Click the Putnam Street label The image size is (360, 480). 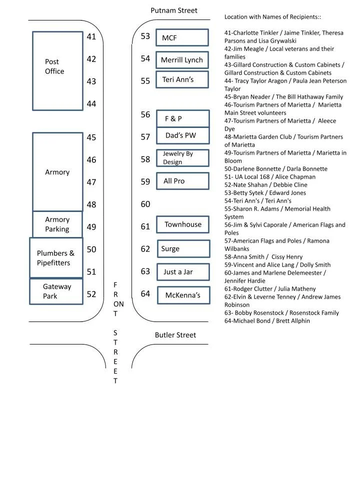(x=174, y=10)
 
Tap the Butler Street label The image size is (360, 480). (x=175, y=335)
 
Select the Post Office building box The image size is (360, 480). (x=57, y=70)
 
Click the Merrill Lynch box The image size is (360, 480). (x=182, y=60)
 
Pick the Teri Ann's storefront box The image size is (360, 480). (x=182, y=80)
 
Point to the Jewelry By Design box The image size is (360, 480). (x=182, y=157)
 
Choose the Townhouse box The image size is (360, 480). (x=183, y=224)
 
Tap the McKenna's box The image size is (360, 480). (x=183, y=295)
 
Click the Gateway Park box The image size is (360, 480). (x=56, y=291)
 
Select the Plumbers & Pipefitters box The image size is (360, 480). (x=56, y=258)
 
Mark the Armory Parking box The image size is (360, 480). (x=57, y=224)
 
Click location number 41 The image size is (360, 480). (x=91, y=36)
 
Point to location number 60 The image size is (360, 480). (x=145, y=204)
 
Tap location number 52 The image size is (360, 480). (x=91, y=294)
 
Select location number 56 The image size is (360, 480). (x=145, y=114)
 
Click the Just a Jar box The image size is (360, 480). (x=182, y=272)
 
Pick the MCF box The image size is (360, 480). (x=182, y=38)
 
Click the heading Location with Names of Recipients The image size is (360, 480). (x=272, y=17)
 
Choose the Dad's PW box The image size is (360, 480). (x=182, y=135)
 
